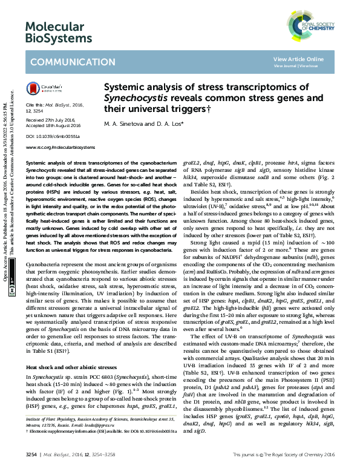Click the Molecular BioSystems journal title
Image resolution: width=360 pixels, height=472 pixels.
point(54,33)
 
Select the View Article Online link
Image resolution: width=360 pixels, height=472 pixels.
point(298,59)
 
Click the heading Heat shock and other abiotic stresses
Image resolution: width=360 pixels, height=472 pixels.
point(70,367)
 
